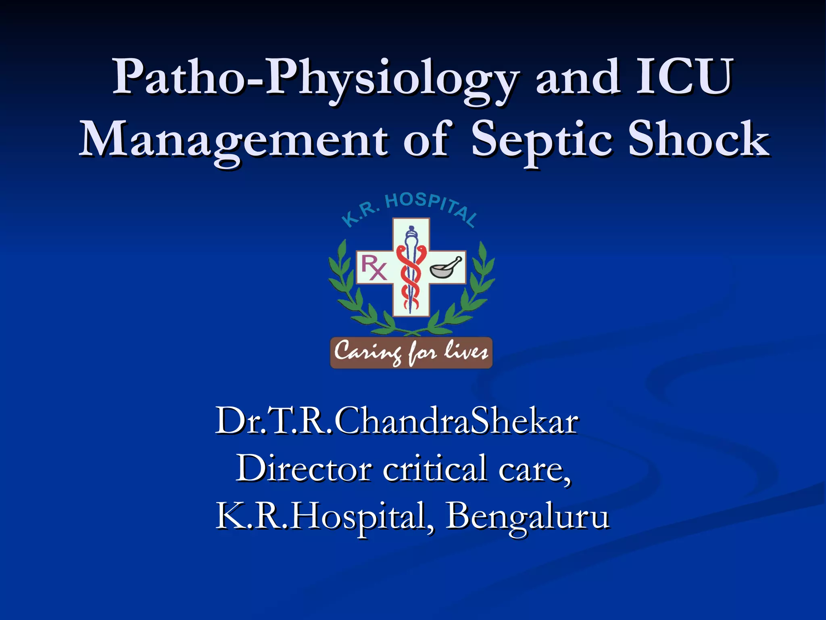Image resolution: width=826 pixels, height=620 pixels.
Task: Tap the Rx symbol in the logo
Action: (373, 267)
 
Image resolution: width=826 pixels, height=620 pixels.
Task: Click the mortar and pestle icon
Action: (446, 268)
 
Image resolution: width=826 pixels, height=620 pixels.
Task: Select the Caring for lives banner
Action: (411, 353)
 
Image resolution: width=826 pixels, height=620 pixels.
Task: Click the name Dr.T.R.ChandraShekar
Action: (397, 421)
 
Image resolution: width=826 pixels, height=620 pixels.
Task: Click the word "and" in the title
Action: (578, 77)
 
